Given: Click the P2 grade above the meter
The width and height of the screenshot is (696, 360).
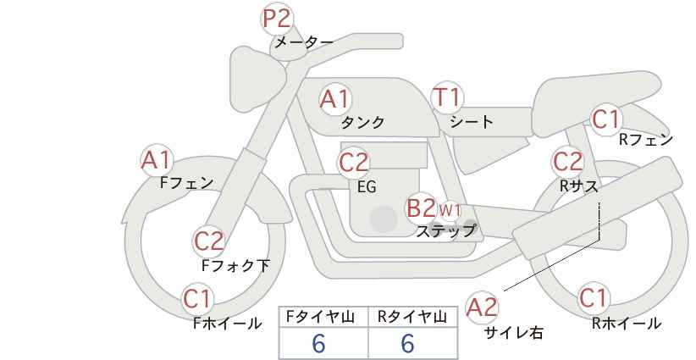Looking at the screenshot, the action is [277, 19].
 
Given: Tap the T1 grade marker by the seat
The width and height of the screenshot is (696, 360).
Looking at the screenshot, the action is [447, 97].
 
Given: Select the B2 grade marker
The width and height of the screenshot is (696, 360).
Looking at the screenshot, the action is [422, 208].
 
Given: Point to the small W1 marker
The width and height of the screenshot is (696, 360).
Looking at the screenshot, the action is [450, 210].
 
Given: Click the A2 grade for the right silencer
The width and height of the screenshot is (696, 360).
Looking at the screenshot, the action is [482, 307].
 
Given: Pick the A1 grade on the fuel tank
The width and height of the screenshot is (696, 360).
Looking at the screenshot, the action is [335, 99].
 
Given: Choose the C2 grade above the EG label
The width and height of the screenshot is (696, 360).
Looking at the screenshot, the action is [354, 163].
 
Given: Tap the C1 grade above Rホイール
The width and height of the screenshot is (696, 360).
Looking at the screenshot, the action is [594, 298].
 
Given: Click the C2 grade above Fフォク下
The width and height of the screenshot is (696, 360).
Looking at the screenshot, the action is [209, 241].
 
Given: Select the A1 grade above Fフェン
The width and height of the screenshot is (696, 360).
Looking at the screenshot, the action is [157, 160].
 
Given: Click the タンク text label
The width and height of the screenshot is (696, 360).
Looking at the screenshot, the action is [362, 123].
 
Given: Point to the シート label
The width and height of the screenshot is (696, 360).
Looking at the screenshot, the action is [472, 122].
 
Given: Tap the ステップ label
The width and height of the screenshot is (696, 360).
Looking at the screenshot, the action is [445, 231].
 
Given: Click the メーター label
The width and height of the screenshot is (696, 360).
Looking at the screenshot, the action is [304, 42].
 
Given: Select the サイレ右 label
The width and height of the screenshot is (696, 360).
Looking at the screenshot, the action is [514, 333].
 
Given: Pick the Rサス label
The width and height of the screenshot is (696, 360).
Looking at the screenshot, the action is [579, 186].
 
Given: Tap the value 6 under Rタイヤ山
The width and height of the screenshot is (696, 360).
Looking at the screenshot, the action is [407, 343].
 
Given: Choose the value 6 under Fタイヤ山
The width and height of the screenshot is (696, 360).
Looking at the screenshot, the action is [318, 343].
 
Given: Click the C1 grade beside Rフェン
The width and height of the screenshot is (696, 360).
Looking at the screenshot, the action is [606, 119].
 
